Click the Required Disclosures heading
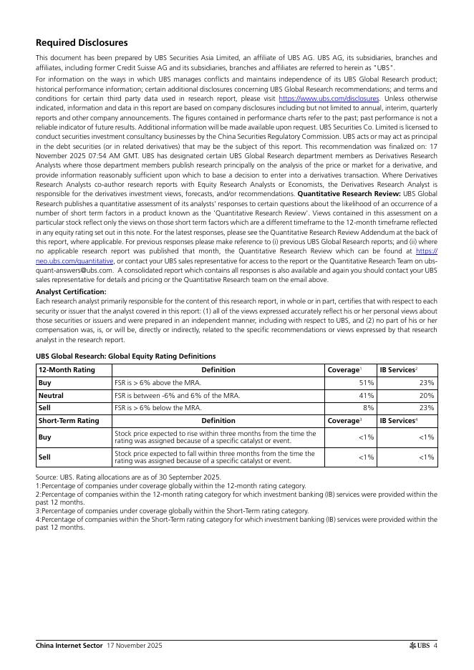point(82,43)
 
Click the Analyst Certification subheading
point(71,292)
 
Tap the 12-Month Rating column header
point(67,370)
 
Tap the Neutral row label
point(51,395)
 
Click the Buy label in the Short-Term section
point(44,437)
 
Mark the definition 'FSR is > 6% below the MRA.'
point(158,408)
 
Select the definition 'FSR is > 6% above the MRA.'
point(158,383)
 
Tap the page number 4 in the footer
point(435,646)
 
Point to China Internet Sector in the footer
point(69,646)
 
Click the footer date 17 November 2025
point(135,646)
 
